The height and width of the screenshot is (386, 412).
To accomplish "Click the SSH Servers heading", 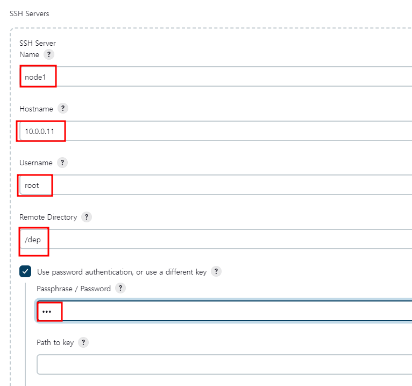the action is pos(30,13).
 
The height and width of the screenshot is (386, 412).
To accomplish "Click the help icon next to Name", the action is pos(49,54).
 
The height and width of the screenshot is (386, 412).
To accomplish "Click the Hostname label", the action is pos(36,109).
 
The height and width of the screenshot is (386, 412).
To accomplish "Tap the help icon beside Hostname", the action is pos(63,108).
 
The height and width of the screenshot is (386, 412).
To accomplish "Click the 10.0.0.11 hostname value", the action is pos(40,131).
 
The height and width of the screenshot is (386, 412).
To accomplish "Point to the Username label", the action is pos(35,163).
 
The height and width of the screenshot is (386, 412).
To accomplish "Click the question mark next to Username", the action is pos(62,162).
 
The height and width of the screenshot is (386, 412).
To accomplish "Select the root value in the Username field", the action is pos(32,185).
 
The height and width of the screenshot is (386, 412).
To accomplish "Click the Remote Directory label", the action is pos(48,217).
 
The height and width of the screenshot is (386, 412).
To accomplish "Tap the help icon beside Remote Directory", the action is pos(87,217).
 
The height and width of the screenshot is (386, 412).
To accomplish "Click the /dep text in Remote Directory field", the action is pos(33,240).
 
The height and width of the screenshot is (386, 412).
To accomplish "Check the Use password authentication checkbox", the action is pos(25,272).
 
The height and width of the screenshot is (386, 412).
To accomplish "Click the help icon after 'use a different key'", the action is pos(216,271).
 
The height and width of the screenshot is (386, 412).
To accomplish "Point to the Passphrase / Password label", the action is pos(74,289).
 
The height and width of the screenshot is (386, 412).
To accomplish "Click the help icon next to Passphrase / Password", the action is pos(120,288).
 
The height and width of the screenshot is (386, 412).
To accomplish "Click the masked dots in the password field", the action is pos(47,311).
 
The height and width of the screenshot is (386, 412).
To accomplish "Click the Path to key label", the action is pos(55,342).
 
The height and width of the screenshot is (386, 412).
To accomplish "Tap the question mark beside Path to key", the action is pos(83,342).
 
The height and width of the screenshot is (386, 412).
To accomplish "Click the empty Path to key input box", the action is pos(215,364).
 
